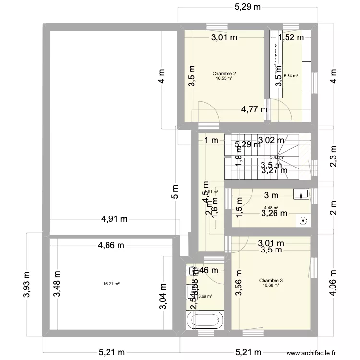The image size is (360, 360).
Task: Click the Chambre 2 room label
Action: click(x=224, y=74)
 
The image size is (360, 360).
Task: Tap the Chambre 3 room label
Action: click(x=271, y=281)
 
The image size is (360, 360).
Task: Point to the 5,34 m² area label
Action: click(x=291, y=76)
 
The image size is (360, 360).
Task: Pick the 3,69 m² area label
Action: click(x=205, y=297)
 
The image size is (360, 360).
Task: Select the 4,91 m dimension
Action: click(x=114, y=219)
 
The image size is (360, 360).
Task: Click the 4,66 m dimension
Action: click(x=111, y=245)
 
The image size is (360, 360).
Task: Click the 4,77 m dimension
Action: click(x=255, y=109)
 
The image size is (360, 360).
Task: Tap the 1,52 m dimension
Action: click(x=291, y=37)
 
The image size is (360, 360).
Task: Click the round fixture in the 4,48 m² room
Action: click(x=303, y=221)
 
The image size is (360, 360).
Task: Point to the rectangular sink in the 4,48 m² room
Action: click(x=301, y=194)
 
